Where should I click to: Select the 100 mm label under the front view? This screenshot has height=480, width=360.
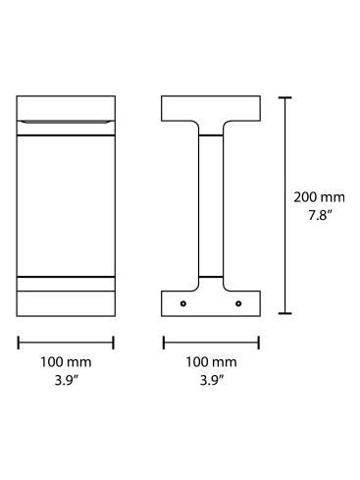[66, 362]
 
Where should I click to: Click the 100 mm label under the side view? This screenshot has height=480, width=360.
[210, 362]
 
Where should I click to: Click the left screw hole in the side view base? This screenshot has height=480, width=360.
[183, 303]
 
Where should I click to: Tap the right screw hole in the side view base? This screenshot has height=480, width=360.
[237, 303]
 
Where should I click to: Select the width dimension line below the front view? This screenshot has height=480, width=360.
[66, 342]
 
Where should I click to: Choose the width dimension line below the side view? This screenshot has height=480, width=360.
[210, 342]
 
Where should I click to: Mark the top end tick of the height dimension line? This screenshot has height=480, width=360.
[285, 97]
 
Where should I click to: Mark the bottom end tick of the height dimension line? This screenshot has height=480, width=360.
[285, 313]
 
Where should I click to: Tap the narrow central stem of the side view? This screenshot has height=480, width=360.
[210, 206]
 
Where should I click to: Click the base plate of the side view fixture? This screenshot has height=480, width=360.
[210, 302]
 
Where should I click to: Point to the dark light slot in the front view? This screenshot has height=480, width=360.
[66, 121]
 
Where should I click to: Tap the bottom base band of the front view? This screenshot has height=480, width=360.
[66, 301]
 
